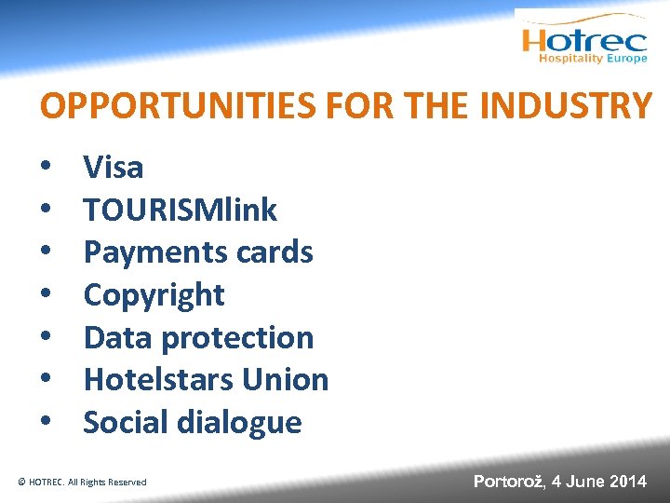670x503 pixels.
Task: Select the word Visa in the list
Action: tap(114, 168)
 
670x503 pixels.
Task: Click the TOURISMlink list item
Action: tap(181, 211)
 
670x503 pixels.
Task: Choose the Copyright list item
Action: tap(154, 295)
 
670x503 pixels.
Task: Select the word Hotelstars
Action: tap(158, 380)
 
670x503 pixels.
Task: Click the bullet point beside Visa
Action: tap(45, 169)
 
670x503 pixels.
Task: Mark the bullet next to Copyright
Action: tap(45, 296)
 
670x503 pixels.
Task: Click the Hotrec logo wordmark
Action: tap(584, 40)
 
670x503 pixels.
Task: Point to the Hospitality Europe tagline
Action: tap(593, 59)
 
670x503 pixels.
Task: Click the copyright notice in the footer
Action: tap(82, 482)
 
